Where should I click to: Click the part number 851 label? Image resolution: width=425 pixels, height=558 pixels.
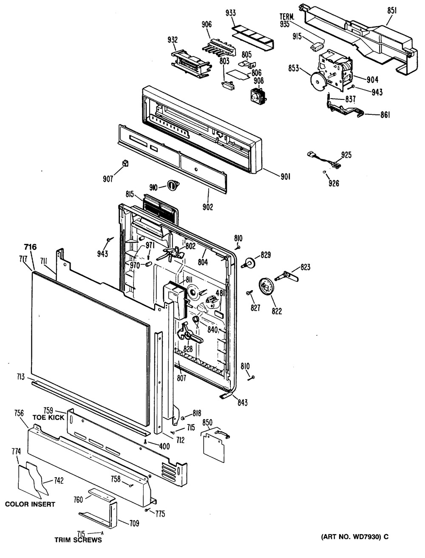(391, 12)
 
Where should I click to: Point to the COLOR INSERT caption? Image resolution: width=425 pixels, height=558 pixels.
(30, 504)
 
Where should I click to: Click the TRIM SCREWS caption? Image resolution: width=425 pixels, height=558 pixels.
(78, 540)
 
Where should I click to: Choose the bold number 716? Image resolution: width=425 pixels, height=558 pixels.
(31, 247)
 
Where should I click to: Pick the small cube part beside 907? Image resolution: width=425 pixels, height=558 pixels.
(125, 163)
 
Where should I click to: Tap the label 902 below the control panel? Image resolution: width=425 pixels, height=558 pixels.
(208, 207)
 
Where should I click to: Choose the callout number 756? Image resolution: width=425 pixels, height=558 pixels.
(24, 414)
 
